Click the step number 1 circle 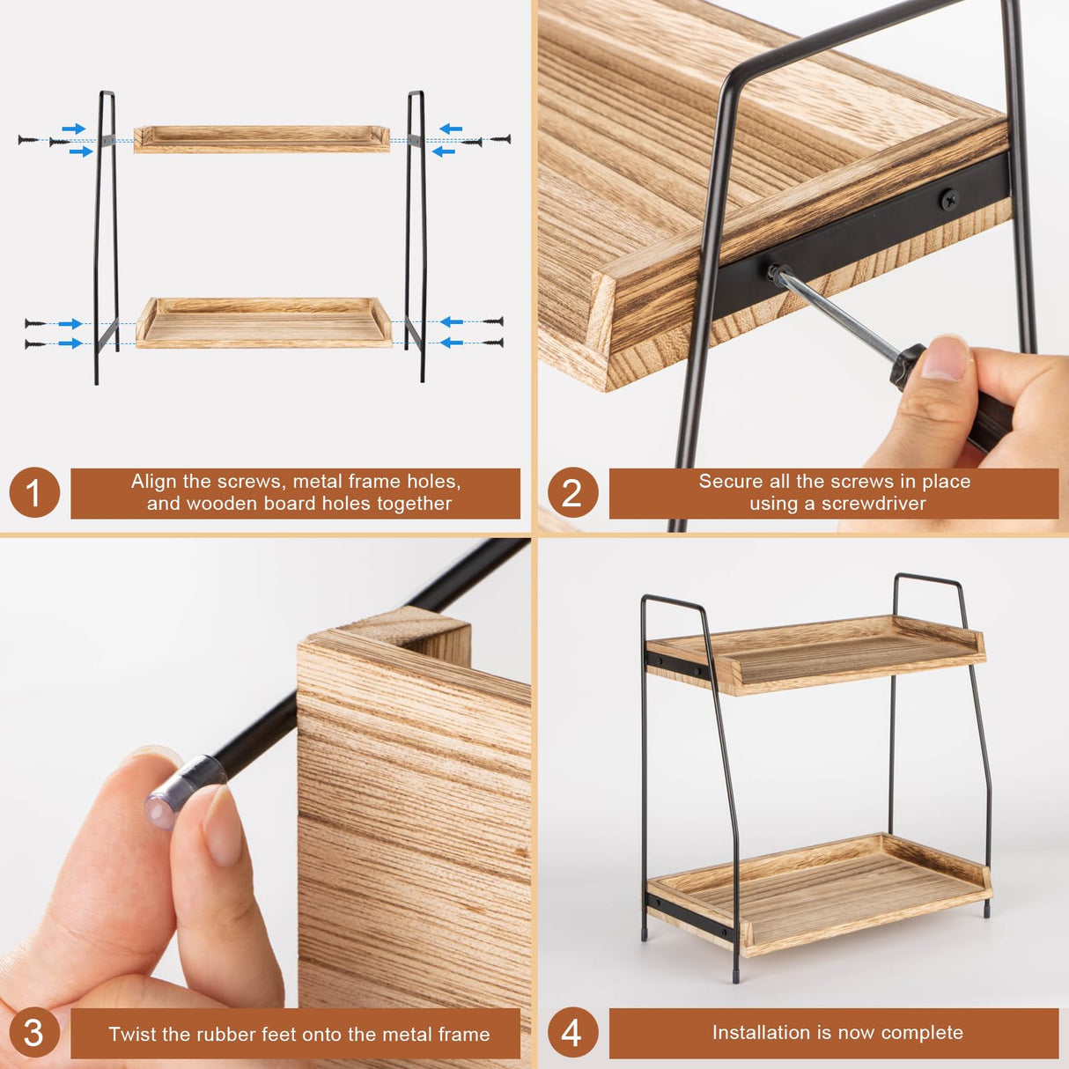(x=34, y=492)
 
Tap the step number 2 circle (x=572, y=492)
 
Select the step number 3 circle (x=34, y=1033)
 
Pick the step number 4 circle (x=572, y=1033)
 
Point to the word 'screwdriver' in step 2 (x=874, y=504)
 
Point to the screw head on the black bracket (x=949, y=200)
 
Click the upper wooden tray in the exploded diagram (x=262, y=139)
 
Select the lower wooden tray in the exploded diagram (x=263, y=324)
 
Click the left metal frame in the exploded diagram (x=107, y=238)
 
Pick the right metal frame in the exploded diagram (x=416, y=238)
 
